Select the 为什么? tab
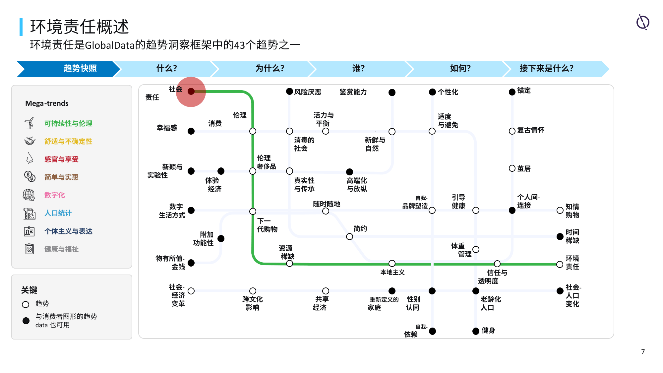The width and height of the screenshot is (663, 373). pos(270,69)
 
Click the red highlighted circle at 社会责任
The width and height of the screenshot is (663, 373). pos(191,92)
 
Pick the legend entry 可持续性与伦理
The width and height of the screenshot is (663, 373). pos(68,123)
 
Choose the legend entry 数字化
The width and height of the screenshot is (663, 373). pos(55,195)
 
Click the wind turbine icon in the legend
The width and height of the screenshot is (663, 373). pos(30,123)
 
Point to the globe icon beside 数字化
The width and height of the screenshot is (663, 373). pos(29,195)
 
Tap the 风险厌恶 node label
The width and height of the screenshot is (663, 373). pos(308,92)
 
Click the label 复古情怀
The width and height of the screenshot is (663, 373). pos(531,130)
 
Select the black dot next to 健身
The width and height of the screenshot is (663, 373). pos(476,331)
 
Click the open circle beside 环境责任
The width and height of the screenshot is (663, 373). pos(560,264)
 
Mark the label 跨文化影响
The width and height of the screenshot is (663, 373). pos(252,303)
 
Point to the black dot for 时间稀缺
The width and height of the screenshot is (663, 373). pos(560,236)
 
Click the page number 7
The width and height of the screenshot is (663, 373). pos(643,352)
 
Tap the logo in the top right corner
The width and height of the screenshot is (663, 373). pos(643,22)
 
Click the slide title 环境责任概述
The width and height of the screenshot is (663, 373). pos(80,27)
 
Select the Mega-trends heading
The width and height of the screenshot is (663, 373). pos(47,103)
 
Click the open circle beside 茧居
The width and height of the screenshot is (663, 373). pos(512,168)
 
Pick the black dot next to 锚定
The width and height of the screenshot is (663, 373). pos(512,92)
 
